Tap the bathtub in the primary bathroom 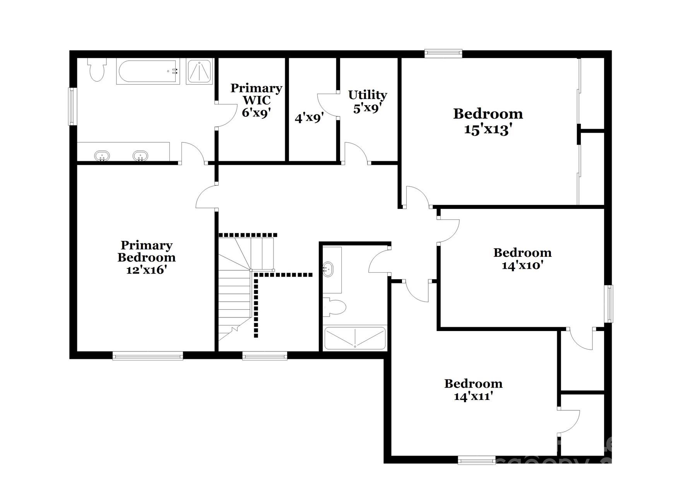click(x=148, y=71)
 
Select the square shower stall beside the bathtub click(x=199, y=71)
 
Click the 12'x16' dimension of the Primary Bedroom click(x=146, y=270)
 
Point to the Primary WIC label click(x=256, y=94)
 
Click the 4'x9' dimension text click(x=309, y=118)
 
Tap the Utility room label click(x=367, y=95)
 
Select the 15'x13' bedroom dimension click(x=488, y=129)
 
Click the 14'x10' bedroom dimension click(x=522, y=265)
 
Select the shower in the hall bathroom click(x=355, y=338)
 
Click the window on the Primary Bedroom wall click(x=147, y=355)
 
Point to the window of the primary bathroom click(x=72, y=106)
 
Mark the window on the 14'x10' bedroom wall click(x=609, y=304)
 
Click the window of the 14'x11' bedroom click(x=476, y=460)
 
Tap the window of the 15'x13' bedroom click(x=443, y=53)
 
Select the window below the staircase click(x=265, y=355)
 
